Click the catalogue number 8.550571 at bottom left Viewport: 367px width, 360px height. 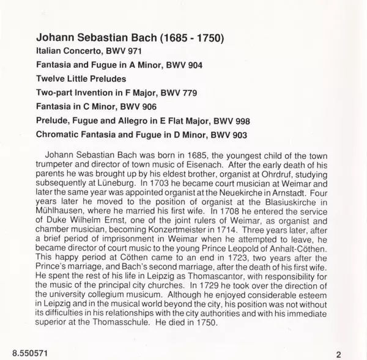(28, 352)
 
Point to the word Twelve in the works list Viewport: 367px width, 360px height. (52, 79)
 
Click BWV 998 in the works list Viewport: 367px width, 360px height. (238, 120)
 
